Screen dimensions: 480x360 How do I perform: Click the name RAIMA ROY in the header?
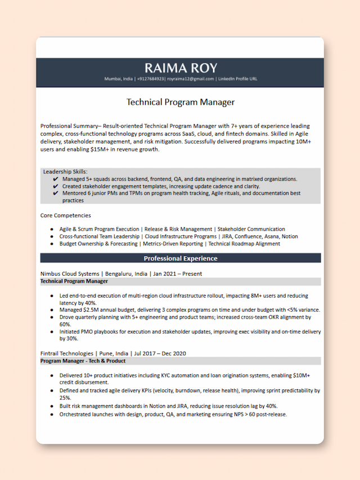pyautogui.click(x=180, y=68)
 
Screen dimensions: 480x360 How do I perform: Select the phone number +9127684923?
pyautogui.click(x=151, y=79)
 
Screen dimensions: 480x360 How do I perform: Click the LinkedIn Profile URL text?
pyautogui.click(x=237, y=79)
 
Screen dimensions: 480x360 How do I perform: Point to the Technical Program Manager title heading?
pyautogui.click(x=180, y=102)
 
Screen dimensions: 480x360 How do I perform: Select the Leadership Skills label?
pyautogui.click(x=65, y=172)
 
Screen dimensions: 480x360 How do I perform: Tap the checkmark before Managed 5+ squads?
pyautogui.click(x=55, y=179)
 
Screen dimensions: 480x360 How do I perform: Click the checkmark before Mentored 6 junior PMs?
pyautogui.click(x=55, y=193)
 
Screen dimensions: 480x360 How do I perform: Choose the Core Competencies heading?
pyautogui.click(x=65, y=216)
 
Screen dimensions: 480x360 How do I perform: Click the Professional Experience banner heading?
pyautogui.click(x=180, y=258)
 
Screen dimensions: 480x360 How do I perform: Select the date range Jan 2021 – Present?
pyautogui.click(x=178, y=274)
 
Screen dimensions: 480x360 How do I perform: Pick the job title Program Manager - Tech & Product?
pyautogui.click(x=83, y=361)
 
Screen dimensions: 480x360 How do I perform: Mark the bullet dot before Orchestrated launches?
pyautogui.click(x=52, y=414)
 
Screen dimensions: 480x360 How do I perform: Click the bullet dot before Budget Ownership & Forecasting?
pyautogui.click(x=52, y=244)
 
